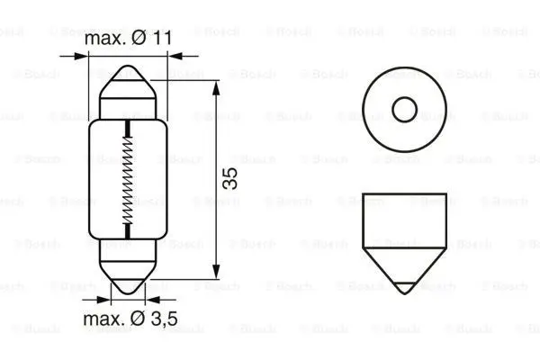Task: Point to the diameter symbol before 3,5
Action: click(x=142, y=319)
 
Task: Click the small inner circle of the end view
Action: click(x=404, y=110)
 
